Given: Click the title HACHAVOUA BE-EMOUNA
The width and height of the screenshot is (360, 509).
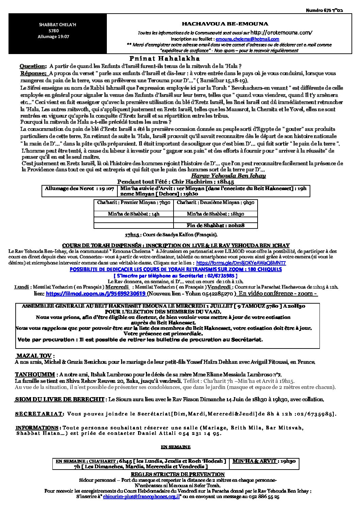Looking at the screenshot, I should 225,24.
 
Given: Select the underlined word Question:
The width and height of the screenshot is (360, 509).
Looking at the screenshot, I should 33,66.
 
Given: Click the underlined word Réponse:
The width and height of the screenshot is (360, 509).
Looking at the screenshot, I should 33,73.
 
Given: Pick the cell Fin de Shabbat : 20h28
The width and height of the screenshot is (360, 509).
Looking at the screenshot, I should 216,225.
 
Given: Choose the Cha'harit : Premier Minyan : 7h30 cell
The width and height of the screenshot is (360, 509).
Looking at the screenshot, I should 133,203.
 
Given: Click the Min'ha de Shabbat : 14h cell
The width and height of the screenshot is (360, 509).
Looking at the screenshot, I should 133,214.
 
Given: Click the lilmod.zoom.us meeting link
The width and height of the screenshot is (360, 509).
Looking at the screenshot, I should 96,293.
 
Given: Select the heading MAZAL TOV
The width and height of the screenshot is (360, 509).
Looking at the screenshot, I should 34,356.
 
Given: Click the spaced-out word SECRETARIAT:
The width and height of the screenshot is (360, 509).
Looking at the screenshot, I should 39,413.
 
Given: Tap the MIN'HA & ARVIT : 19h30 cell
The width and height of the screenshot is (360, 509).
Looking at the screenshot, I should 264,461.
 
